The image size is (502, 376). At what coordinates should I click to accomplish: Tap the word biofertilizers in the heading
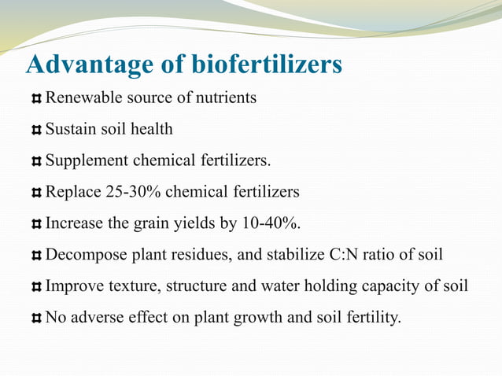tap(267, 65)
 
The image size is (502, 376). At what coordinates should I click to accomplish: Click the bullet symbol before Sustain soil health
tap(36, 130)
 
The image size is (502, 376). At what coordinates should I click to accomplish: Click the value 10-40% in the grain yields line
tap(271, 223)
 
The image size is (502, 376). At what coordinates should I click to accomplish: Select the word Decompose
tap(82, 255)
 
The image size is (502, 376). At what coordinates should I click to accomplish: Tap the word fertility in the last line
tap(371, 318)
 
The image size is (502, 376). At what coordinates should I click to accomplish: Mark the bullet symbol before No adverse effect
tap(36, 319)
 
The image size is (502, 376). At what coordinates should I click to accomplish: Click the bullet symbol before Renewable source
tap(36, 99)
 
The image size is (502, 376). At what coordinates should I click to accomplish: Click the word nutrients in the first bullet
tap(227, 98)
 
